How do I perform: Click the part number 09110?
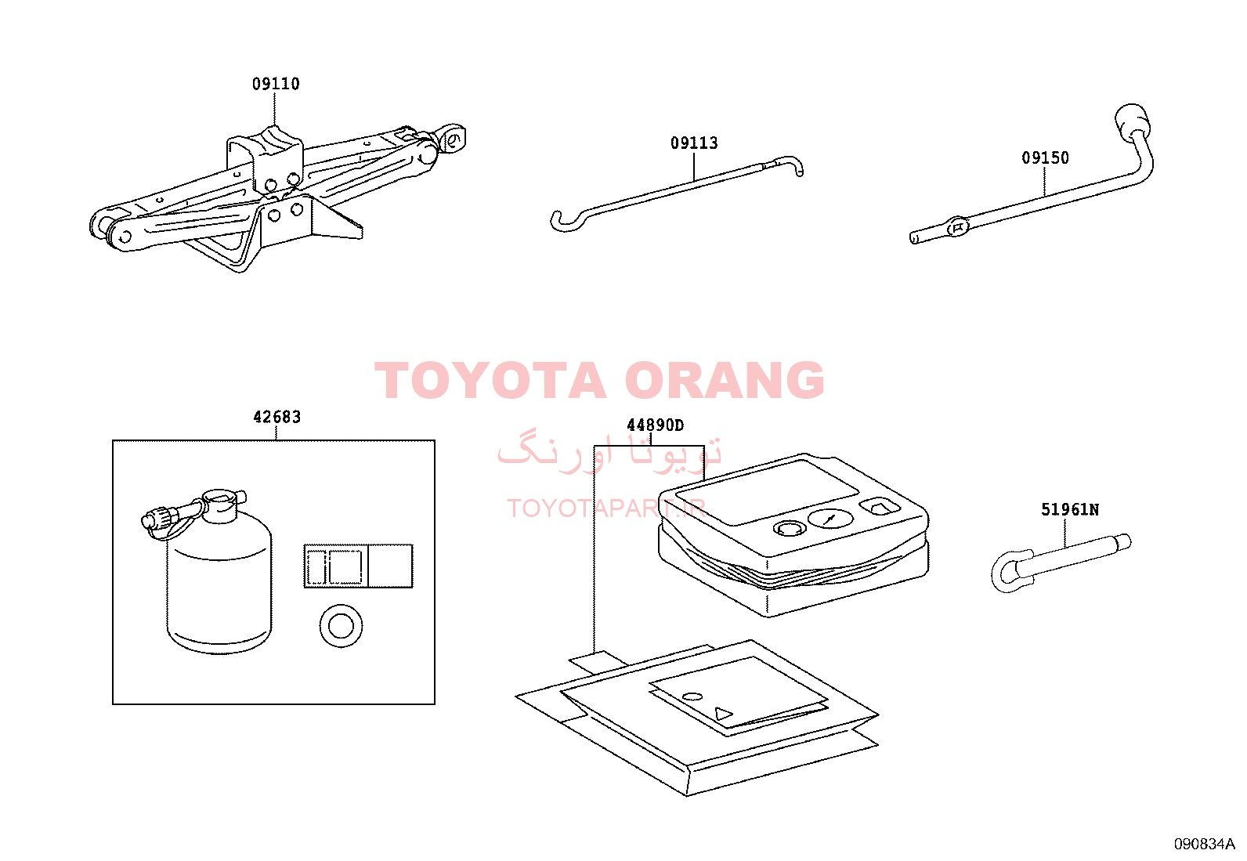(276, 84)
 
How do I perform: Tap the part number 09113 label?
(694, 143)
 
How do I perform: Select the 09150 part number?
(1045, 158)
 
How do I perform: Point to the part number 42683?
(277, 417)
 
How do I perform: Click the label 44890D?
(655, 425)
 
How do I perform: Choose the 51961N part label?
(1070, 509)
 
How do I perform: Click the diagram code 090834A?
(1204, 844)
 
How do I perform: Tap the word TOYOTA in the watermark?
(490, 380)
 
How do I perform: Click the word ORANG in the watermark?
(725, 380)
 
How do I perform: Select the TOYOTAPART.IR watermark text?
(606, 508)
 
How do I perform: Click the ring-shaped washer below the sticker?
(341, 626)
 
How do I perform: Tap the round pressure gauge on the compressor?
(830, 519)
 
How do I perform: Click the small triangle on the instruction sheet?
(723, 714)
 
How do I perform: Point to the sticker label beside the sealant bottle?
(359, 566)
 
